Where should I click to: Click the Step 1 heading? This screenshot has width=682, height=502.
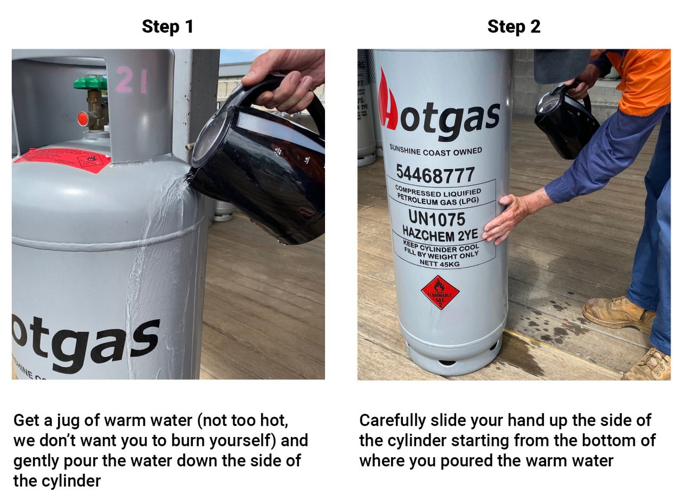coord(167,27)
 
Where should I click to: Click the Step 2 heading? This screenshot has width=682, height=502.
coord(514,27)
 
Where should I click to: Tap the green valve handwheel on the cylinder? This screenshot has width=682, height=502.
coord(90,83)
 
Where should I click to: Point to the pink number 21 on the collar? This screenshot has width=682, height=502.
coord(131,81)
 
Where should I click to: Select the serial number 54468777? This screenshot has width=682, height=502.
coord(435,174)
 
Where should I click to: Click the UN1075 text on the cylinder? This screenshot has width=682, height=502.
coord(436,218)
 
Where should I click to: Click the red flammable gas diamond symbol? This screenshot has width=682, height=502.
coord(440,293)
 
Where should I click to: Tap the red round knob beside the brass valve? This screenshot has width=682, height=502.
coord(83,118)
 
